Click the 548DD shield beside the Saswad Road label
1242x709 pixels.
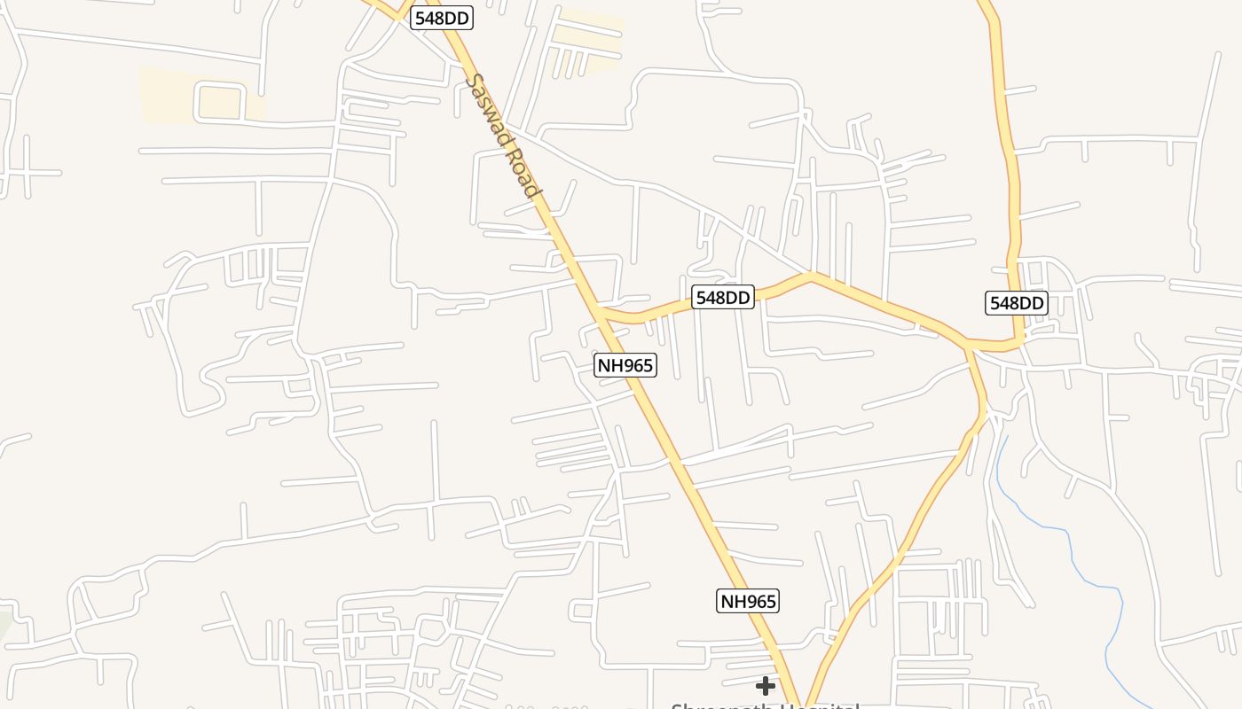pyautogui.click(x=442, y=18)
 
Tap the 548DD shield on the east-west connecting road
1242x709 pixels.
pyautogui.click(x=723, y=298)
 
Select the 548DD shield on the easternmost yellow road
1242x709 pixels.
pyautogui.click(x=1017, y=303)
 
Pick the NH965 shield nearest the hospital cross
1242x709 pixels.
pyautogui.click(x=748, y=602)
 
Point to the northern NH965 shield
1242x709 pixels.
pyautogui.click(x=625, y=365)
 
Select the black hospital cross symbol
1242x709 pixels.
pyautogui.click(x=765, y=686)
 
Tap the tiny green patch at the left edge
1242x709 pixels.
pyautogui.click(x=4, y=625)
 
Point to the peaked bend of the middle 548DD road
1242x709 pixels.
pyautogui.click(x=811, y=277)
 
